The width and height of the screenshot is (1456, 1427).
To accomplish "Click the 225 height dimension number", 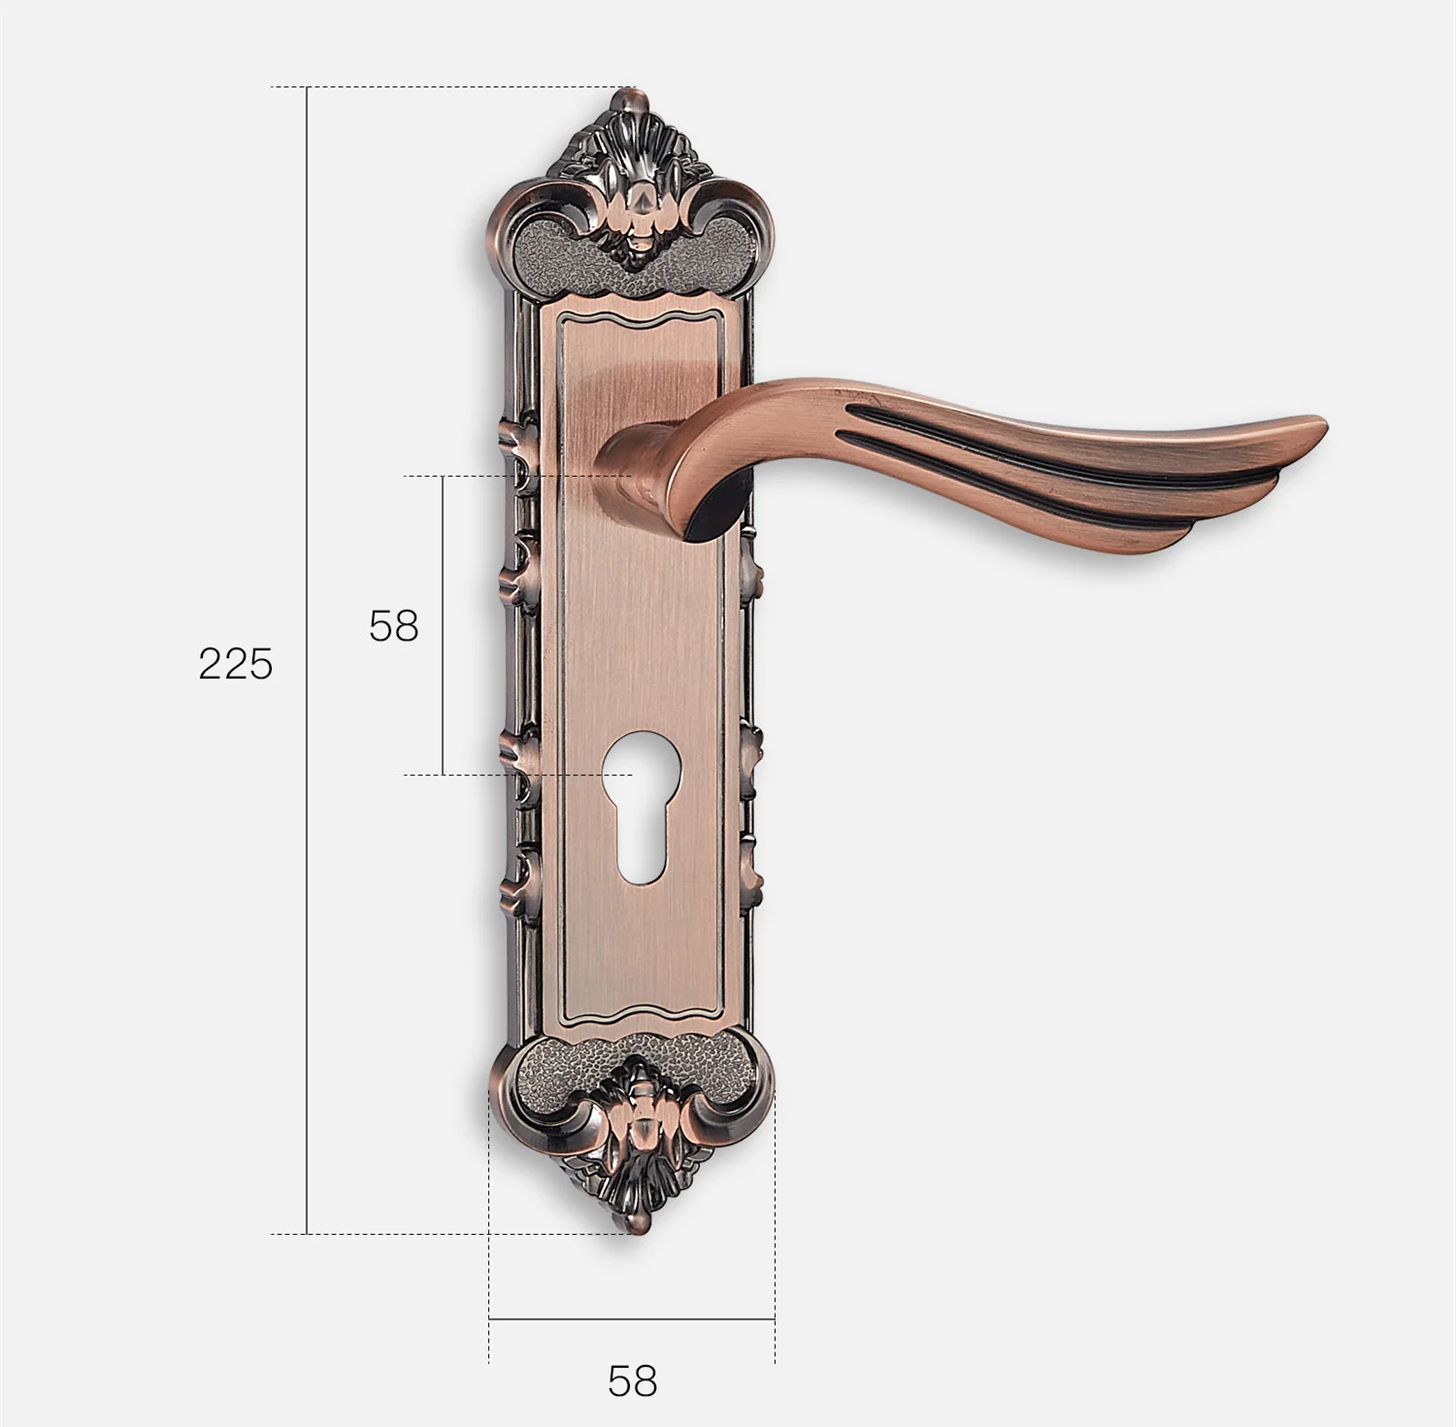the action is pyautogui.click(x=236, y=664).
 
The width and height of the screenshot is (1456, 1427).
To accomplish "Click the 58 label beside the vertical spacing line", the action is pyautogui.click(x=393, y=626).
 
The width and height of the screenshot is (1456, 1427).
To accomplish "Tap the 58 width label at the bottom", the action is pyautogui.click(x=632, y=1380).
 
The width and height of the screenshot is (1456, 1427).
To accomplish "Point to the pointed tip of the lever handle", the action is pyautogui.click(x=1324, y=422).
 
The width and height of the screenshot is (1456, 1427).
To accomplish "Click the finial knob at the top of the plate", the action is pyautogui.click(x=632, y=99).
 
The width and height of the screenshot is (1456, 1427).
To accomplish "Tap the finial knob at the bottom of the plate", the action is pyautogui.click(x=632, y=1221).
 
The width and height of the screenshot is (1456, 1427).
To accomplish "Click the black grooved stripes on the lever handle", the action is pyautogui.click(x=1019, y=466).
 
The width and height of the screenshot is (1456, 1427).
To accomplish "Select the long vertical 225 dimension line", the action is pyautogui.click(x=307, y=660).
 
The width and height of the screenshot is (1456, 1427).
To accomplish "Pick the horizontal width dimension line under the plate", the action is pyautogui.click(x=632, y=1319).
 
